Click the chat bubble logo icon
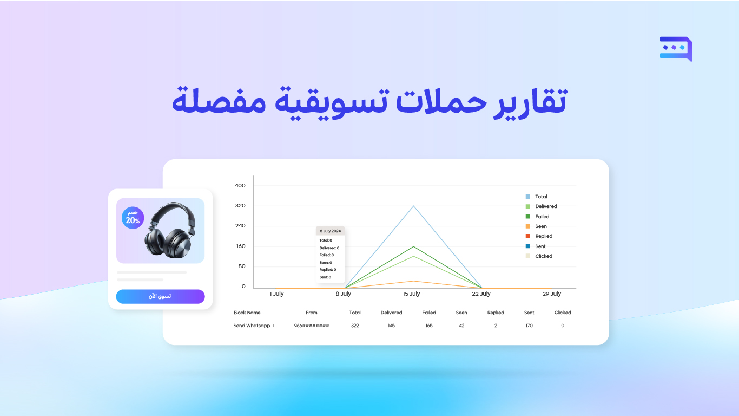(x=676, y=49)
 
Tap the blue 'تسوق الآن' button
(x=160, y=296)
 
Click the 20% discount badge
(x=133, y=218)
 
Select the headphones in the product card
(x=170, y=230)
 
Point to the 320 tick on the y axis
(x=240, y=205)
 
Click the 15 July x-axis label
(x=411, y=294)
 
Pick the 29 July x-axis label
(x=552, y=294)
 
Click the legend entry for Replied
(x=539, y=236)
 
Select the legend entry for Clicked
(x=539, y=256)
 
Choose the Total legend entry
(x=537, y=197)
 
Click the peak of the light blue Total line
(x=414, y=206)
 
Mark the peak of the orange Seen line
(x=414, y=281)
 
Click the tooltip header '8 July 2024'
(x=330, y=231)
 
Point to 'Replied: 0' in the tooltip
(x=328, y=270)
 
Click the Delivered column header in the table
(x=391, y=313)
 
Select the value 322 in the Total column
(x=355, y=326)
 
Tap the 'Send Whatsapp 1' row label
(x=254, y=326)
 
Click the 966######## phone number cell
(x=312, y=326)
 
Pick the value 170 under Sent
(x=529, y=326)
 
